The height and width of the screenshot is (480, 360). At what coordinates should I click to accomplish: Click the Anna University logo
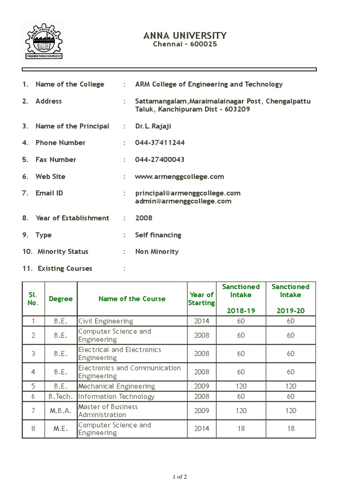(44, 41)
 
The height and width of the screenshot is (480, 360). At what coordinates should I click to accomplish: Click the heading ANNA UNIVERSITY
(186, 36)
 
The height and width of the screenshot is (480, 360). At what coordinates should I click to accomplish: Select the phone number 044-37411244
(160, 143)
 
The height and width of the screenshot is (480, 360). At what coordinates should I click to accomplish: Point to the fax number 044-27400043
(160, 160)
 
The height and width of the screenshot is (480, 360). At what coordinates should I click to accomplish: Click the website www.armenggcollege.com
(180, 177)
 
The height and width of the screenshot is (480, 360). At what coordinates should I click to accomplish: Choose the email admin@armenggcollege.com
(183, 202)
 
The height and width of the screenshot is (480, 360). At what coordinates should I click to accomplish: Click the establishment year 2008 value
(144, 218)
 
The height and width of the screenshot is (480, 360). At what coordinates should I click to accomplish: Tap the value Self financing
(158, 235)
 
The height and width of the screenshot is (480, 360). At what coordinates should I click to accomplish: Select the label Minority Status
(63, 252)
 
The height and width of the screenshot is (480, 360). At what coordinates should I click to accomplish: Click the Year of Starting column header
(201, 299)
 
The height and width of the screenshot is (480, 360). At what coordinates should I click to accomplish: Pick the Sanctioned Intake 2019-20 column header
(291, 299)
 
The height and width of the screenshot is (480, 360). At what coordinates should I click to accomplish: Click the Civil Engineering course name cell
(105, 321)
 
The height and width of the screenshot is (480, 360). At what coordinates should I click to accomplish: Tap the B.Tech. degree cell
(61, 397)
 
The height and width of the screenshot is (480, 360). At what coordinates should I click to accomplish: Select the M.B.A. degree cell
(61, 411)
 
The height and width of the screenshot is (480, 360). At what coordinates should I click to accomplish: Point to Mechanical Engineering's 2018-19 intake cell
(241, 386)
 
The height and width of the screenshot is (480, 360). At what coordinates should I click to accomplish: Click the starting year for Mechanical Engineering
(201, 386)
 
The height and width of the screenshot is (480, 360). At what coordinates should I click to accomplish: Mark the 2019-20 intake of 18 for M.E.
(291, 429)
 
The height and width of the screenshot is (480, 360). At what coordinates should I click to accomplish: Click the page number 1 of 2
(180, 477)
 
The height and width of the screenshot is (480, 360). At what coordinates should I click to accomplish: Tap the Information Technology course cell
(116, 397)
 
